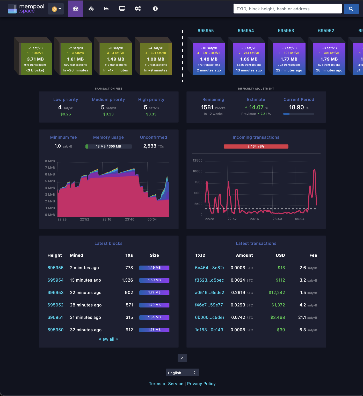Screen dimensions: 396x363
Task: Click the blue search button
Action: [x=351, y=9]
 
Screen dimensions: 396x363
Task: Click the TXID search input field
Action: [x=287, y=9]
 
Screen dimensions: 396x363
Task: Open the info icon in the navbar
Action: [x=155, y=9]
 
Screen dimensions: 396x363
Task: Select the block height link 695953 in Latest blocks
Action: [x=55, y=292]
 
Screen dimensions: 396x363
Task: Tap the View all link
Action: [x=108, y=339]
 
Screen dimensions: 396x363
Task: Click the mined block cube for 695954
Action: [x=249, y=59]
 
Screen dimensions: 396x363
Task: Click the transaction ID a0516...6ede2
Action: [x=209, y=292]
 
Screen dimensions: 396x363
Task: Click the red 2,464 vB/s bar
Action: [x=256, y=146]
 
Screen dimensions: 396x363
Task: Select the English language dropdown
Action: [x=182, y=373]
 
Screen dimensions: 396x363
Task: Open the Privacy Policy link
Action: [x=201, y=384]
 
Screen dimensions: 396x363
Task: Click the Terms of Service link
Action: [x=166, y=384]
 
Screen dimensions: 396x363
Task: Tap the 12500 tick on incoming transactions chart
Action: [x=197, y=160]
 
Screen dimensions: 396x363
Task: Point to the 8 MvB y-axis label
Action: [x=50, y=161]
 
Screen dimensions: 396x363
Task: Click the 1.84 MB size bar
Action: [x=154, y=317]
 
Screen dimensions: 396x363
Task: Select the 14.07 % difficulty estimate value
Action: [x=256, y=107]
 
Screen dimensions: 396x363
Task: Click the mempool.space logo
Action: [x=26, y=9]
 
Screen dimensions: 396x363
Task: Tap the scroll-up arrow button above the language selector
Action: [x=182, y=358]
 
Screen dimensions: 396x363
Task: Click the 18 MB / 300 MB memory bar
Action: [x=108, y=146]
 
